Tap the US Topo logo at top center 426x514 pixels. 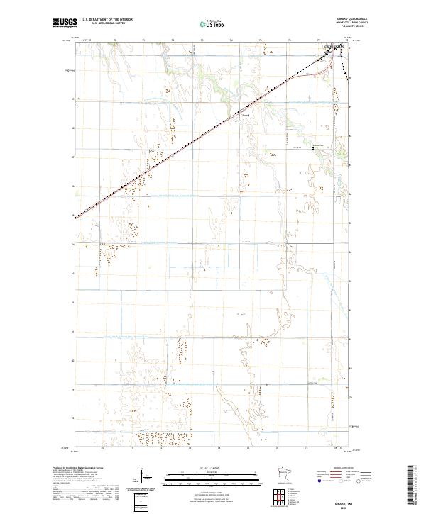211,24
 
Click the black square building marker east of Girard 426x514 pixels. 313,148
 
